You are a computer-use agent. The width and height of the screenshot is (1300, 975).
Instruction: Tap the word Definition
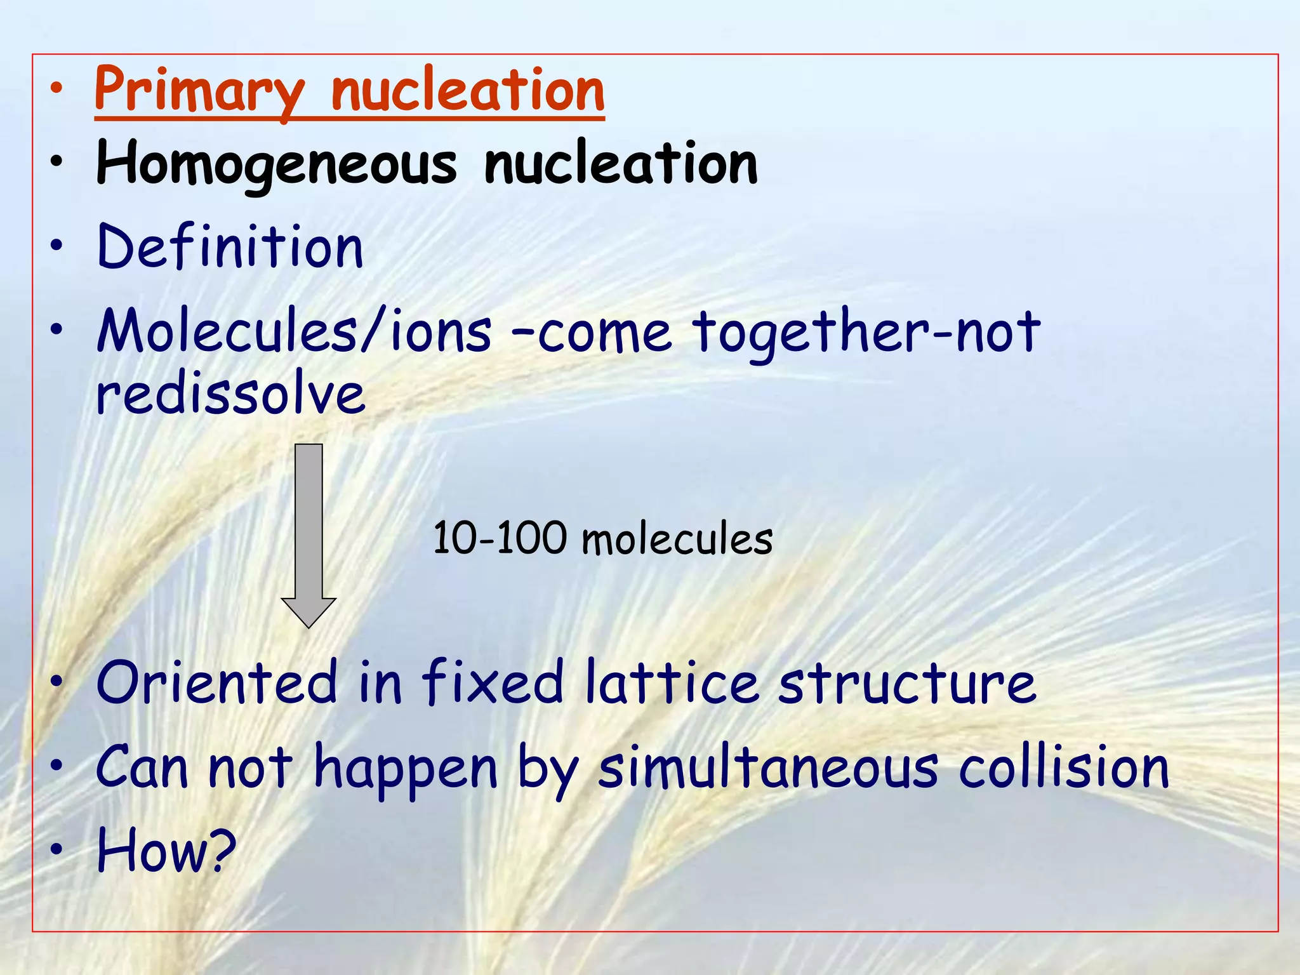[230, 248]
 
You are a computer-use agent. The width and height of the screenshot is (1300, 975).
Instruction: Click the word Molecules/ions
[294, 331]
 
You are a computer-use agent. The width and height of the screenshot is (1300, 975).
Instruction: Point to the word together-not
[866, 331]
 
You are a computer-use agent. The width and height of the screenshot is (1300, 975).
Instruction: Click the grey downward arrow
[308, 533]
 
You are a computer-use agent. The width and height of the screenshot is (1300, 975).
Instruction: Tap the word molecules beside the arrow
[677, 540]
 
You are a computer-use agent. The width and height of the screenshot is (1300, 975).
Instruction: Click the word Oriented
[216, 683]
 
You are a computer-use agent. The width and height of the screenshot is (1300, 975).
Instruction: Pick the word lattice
[672, 683]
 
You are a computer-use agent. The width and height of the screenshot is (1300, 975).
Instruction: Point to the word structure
[908, 683]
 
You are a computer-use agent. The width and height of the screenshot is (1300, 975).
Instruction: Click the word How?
[166, 851]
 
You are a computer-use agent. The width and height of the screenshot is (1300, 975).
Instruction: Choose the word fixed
[493, 683]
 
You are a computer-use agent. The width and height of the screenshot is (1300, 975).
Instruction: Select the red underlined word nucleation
[468, 90]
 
